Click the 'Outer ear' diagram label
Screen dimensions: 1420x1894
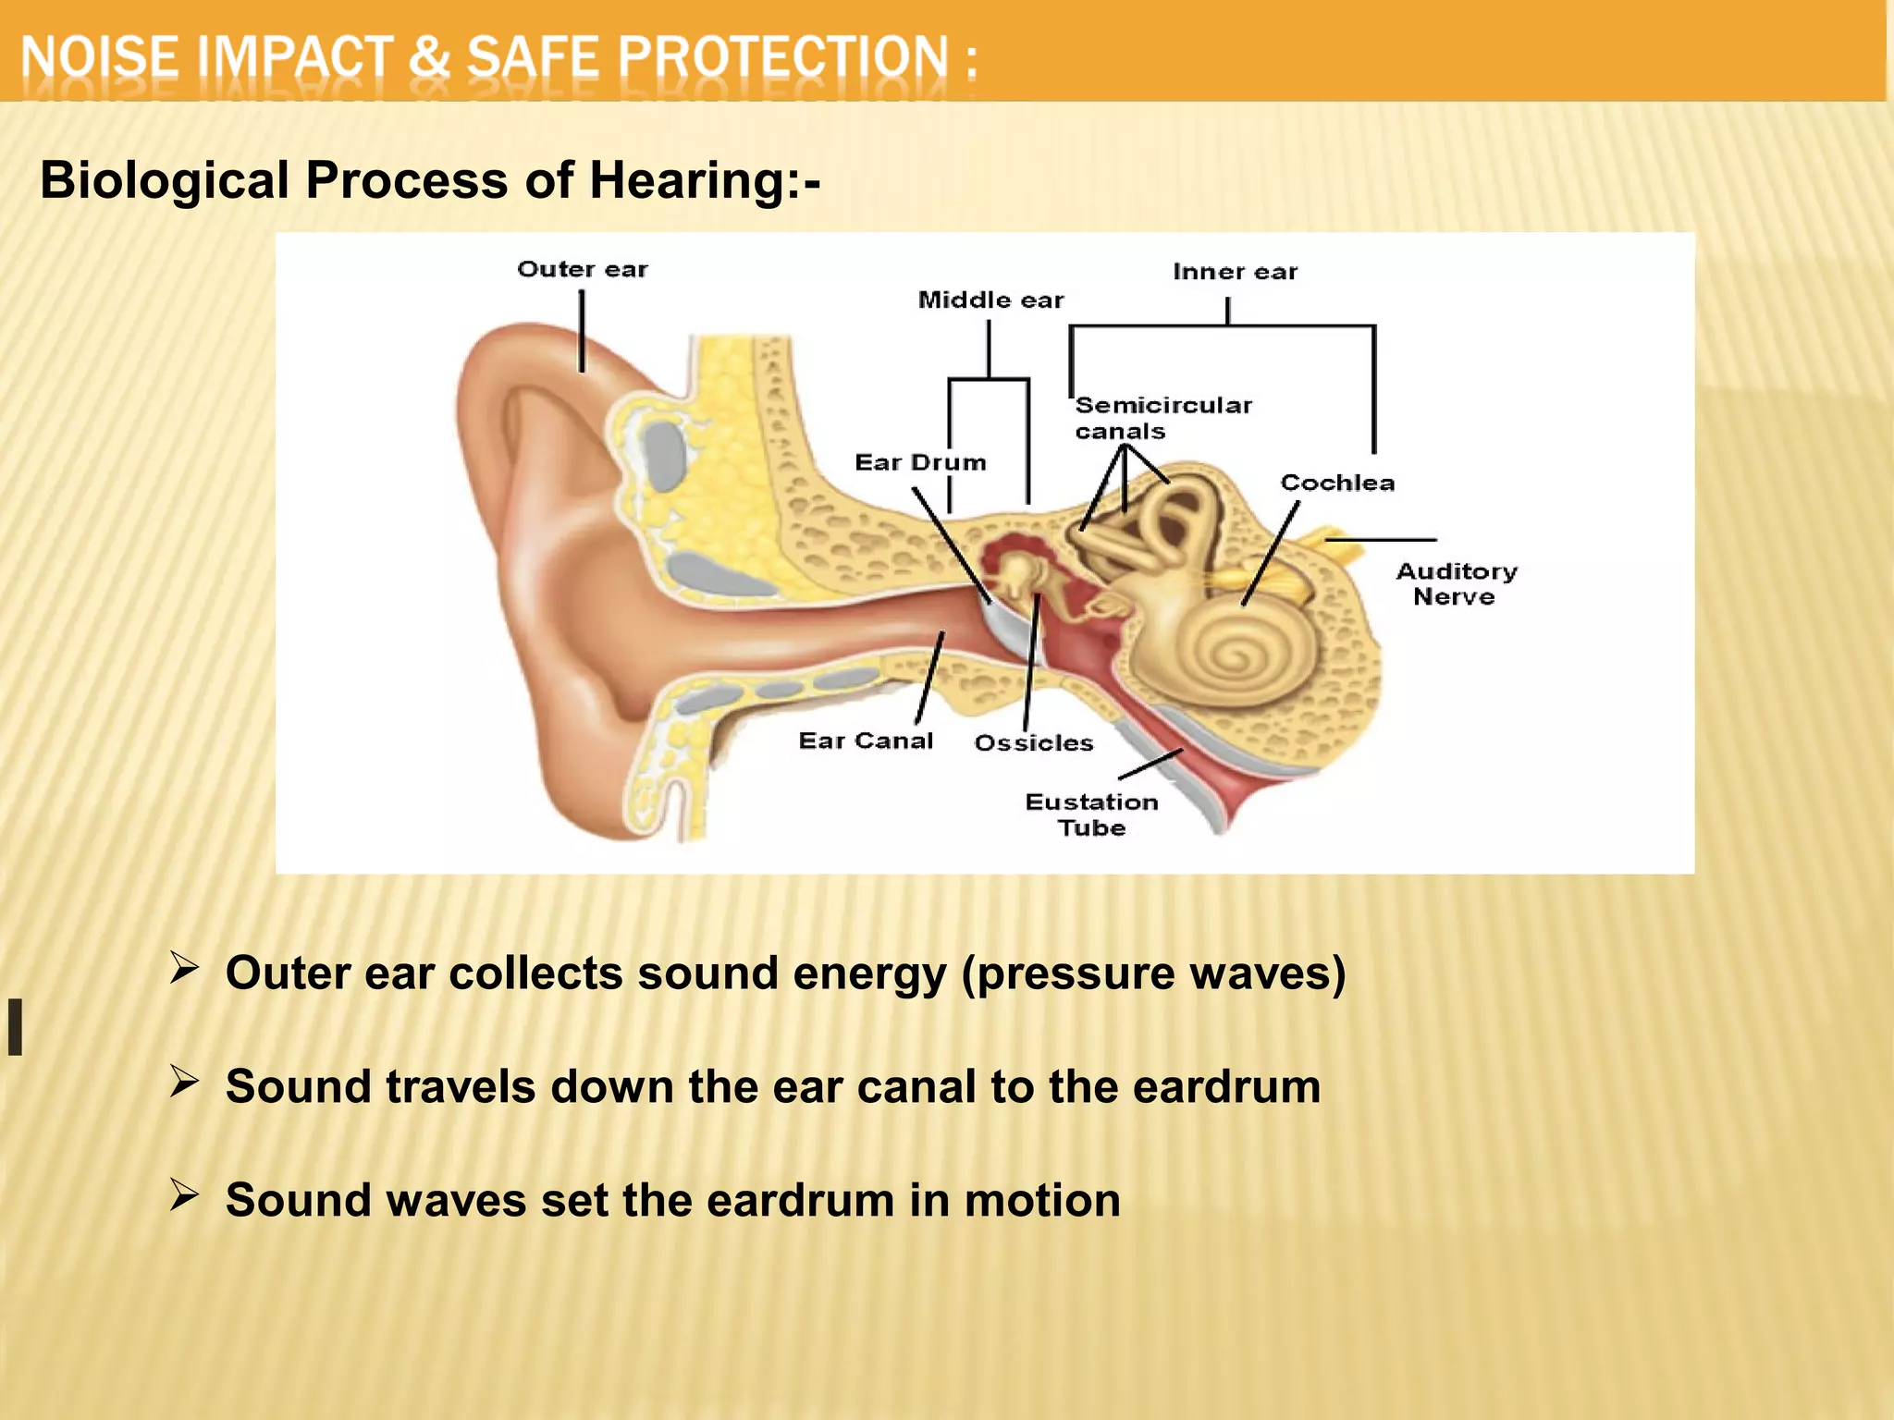[x=583, y=270]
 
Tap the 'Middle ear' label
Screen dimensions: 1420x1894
[x=990, y=300]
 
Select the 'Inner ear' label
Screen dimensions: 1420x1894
[x=1235, y=272]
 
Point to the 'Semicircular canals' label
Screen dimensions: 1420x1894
[x=1162, y=418]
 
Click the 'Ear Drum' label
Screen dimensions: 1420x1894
[x=920, y=462]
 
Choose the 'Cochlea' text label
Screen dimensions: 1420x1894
[x=1337, y=483]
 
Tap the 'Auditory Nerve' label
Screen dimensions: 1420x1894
[x=1456, y=584]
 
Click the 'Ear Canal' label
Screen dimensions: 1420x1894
[x=866, y=741]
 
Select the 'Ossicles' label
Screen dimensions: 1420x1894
[x=1033, y=743]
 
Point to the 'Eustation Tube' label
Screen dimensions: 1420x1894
[x=1091, y=814]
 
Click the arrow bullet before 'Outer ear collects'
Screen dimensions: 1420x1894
[x=184, y=969]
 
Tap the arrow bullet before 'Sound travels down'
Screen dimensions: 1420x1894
[x=184, y=1082]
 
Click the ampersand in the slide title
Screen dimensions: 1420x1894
[x=429, y=57]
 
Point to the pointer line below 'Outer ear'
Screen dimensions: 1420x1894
[x=582, y=331]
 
